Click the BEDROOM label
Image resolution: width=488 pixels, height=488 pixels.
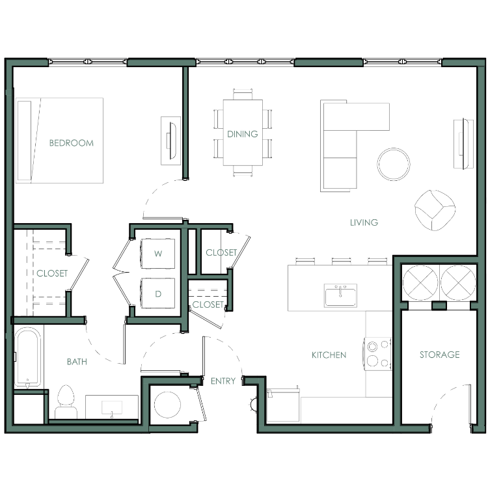click(x=72, y=143)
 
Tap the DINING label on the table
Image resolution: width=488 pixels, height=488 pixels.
click(x=243, y=134)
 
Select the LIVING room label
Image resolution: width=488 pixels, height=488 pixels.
click(x=364, y=223)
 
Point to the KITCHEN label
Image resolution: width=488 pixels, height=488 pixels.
click(x=329, y=355)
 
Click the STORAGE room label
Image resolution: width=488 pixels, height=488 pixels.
click(x=439, y=355)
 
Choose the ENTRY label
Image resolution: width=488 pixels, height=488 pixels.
click(x=223, y=381)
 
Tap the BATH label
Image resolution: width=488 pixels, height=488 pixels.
click(x=77, y=362)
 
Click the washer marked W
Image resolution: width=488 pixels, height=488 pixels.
click(x=158, y=253)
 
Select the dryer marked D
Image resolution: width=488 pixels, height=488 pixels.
click(x=158, y=293)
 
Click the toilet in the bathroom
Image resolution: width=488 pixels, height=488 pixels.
click(x=66, y=402)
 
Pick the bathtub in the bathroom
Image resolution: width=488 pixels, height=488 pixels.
click(x=27, y=357)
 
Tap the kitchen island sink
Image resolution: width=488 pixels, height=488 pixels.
click(x=340, y=295)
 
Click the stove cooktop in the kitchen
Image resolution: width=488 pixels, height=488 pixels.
click(x=377, y=353)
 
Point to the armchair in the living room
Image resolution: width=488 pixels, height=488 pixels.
click(x=435, y=210)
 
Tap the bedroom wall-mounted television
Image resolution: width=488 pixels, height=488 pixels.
click(x=172, y=141)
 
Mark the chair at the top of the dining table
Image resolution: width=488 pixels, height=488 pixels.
click(x=243, y=94)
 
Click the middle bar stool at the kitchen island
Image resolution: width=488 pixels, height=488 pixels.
click(x=341, y=261)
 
